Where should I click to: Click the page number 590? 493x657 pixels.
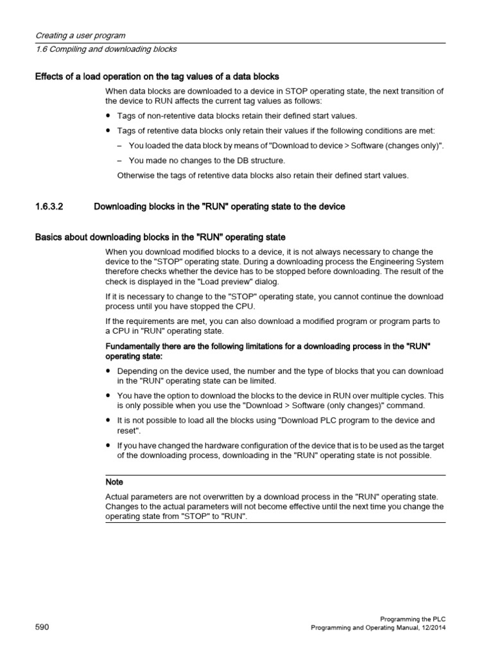(x=43, y=627)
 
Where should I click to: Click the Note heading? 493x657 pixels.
(x=114, y=481)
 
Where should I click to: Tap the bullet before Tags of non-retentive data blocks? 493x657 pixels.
(x=108, y=116)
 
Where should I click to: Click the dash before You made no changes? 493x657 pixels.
(x=120, y=160)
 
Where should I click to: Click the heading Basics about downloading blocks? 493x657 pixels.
(x=159, y=237)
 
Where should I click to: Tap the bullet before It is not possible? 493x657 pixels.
(x=108, y=420)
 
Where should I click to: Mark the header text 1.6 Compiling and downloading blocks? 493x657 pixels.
(x=105, y=49)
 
